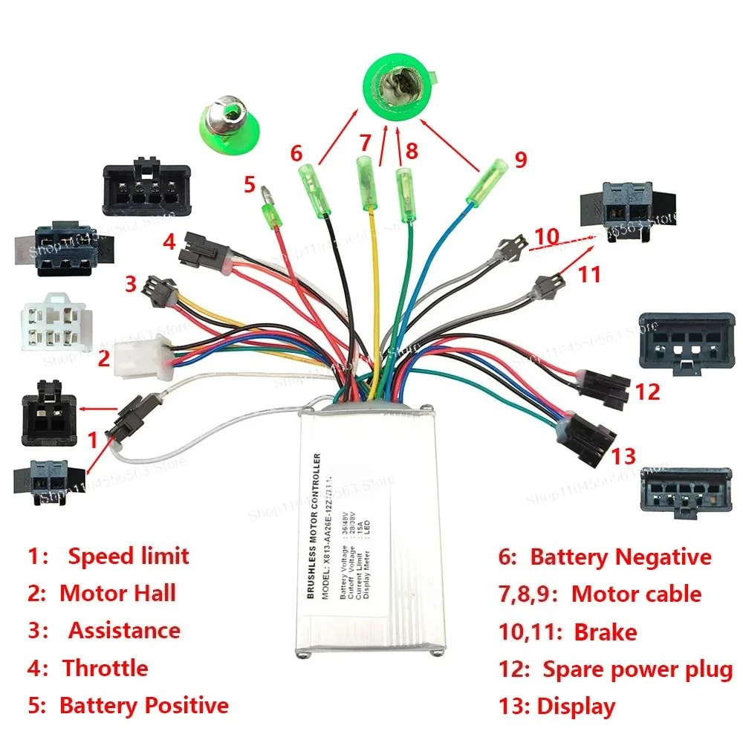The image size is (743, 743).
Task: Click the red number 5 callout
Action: pyautogui.click(x=250, y=184)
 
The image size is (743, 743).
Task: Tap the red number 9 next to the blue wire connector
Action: pyautogui.click(x=520, y=159)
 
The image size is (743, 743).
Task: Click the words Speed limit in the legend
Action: pyautogui.click(x=129, y=556)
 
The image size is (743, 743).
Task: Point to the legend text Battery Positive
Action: pyautogui.click(x=143, y=704)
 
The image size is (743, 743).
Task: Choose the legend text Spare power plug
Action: pyautogui.click(x=637, y=669)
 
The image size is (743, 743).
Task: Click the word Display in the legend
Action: pyautogui.click(x=576, y=706)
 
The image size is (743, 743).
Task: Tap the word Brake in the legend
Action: pyautogui.click(x=605, y=632)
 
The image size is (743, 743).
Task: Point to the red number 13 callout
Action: pyautogui.click(x=625, y=454)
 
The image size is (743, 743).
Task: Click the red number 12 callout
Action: pyautogui.click(x=647, y=392)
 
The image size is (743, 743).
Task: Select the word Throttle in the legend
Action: pyautogui.click(x=105, y=667)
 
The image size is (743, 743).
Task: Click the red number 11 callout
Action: pyautogui.click(x=589, y=274)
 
